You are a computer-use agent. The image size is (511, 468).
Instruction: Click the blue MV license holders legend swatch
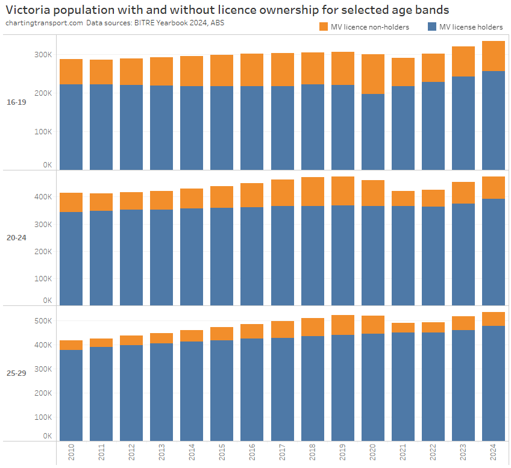pyautogui.click(x=431, y=27)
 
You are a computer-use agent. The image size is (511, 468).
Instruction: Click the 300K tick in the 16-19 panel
pyautogui.click(x=43, y=55)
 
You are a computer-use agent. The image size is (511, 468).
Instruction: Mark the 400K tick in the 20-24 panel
pyautogui.click(x=43, y=197)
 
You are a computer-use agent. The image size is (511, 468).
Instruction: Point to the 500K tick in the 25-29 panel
pyautogui.click(x=43, y=321)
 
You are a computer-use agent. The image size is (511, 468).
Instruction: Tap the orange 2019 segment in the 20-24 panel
pyautogui.click(x=343, y=191)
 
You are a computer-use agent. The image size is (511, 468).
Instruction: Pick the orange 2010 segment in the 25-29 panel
pyautogui.click(x=71, y=345)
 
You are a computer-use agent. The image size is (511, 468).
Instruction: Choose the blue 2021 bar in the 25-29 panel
pyautogui.click(x=403, y=385)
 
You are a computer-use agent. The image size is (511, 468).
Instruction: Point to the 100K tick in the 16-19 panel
pyautogui.click(x=43, y=132)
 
